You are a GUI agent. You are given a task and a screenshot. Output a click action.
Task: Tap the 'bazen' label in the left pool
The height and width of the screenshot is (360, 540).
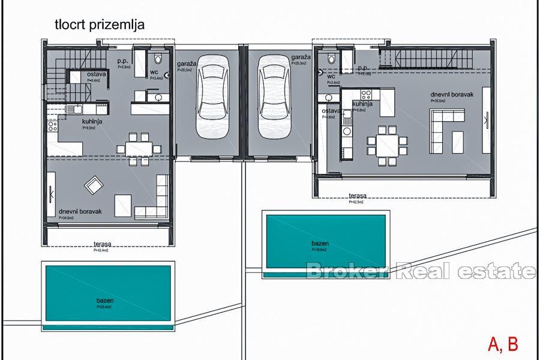[105, 301]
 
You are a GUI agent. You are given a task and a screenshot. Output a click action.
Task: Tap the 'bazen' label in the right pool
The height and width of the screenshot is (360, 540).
[319, 243]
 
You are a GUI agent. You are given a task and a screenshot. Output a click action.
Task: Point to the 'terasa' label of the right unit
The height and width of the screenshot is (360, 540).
[358, 196]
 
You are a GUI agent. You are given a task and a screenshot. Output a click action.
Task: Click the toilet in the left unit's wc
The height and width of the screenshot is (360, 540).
[158, 59]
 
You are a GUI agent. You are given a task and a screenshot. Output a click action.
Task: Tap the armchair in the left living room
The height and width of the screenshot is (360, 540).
[94, 185]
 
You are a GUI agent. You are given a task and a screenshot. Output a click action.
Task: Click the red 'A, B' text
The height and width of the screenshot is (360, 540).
[503, 344]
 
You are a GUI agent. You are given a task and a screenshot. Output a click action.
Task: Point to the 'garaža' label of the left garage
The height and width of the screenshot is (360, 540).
[185, 64]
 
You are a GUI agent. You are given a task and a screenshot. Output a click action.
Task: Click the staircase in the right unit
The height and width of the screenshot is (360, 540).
[427, 59]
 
